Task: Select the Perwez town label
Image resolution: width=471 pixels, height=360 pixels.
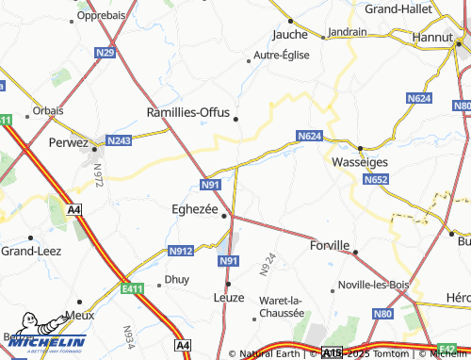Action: (66, 143)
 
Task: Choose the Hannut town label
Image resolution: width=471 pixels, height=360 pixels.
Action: (434, 38)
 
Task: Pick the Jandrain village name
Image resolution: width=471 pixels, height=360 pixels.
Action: (349, 32)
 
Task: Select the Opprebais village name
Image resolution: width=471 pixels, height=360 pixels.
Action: (103, 16)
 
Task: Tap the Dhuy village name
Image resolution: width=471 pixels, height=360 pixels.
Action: (176, 279)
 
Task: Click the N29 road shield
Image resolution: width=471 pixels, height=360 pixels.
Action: (106, 53)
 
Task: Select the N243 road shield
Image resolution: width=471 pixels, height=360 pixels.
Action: (119, 140)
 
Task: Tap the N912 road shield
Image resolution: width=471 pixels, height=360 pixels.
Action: (181, 252)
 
